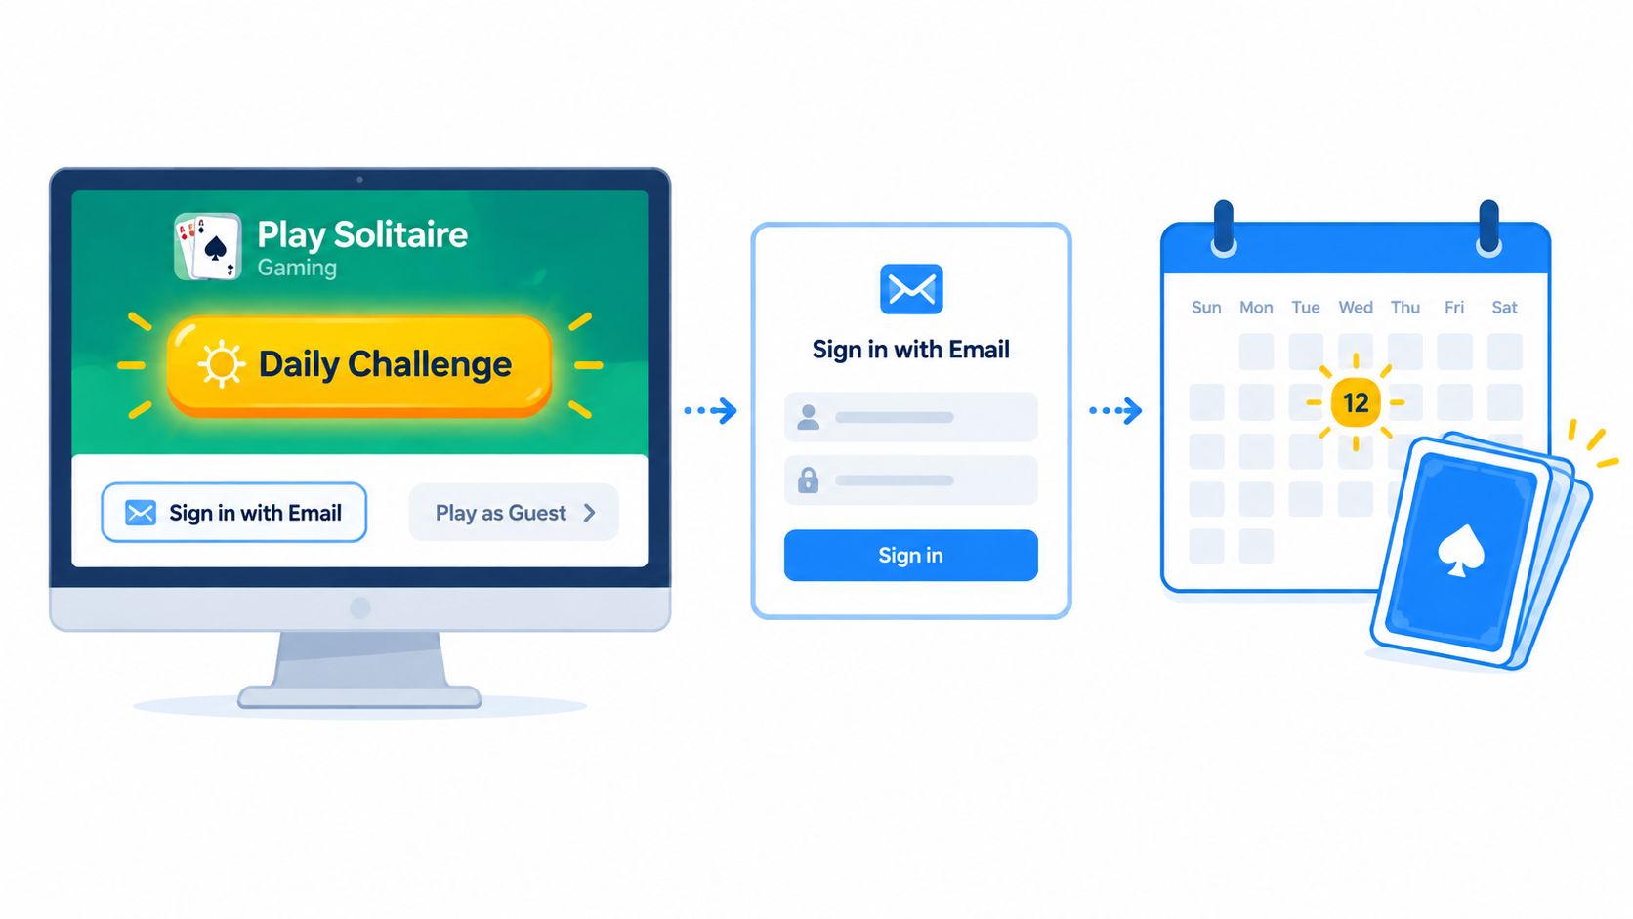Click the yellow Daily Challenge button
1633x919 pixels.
358,365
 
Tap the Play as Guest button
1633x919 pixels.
514,513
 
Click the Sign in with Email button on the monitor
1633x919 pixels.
233,513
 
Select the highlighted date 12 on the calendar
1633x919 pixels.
1356,402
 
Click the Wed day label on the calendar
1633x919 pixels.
1356,308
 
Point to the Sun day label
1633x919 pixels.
1206,308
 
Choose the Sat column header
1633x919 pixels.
1504,308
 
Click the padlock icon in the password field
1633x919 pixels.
808,480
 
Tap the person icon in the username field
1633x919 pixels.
808,418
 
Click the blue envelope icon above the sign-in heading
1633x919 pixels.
911,289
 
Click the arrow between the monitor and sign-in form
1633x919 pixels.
711,410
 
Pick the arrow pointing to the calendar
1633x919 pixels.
1115,410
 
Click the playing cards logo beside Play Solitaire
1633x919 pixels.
208,246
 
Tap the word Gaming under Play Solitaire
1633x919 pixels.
297,269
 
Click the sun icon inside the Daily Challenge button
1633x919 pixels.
222,364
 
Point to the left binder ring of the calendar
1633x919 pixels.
1224,229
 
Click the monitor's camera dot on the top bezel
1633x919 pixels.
359,180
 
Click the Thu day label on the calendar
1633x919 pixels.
1404,308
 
